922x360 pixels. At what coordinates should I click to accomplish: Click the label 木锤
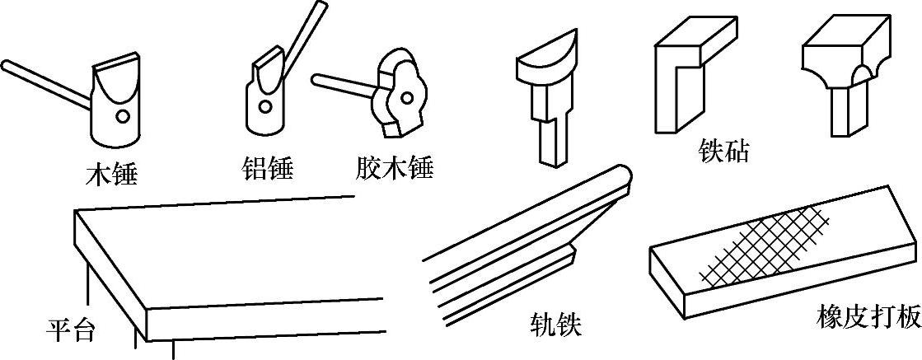click(x=111, y=175)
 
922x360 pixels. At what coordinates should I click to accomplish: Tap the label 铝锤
click(x=268, y=169)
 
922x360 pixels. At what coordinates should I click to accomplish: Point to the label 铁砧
click(x=722, y=150)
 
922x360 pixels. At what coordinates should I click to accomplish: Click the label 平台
click(x=70, y=330)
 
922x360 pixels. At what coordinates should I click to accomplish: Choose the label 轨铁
click(x=556, y=325)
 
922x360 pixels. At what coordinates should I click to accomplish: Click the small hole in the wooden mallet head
click(x=122, y=116)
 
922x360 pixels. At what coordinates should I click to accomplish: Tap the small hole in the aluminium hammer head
click(x=263, y=105)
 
